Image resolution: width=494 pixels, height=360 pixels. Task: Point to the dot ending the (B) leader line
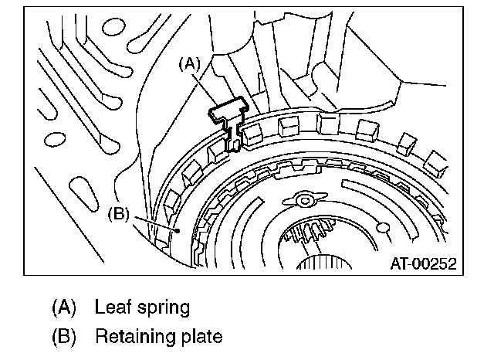pos(178,230)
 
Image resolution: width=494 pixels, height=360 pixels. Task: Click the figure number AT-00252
pos(422,263)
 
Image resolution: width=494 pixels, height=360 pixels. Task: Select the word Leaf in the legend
pos(111,307)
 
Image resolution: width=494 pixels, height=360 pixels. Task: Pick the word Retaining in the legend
pos(130,338)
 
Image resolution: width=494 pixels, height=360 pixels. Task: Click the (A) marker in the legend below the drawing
pos(65,307)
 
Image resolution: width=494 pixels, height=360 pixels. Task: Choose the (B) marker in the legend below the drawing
pos(65,338)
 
